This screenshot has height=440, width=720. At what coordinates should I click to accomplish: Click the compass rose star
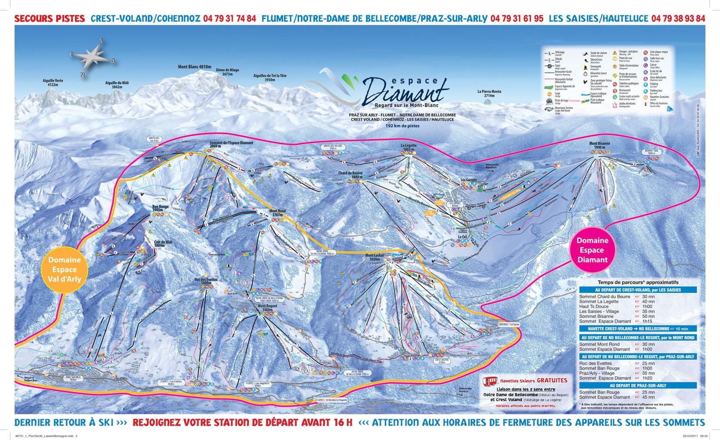(92, 57)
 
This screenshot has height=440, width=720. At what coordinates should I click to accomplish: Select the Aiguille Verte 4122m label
(53, 83)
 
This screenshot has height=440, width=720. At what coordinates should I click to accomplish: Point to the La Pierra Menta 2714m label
(489, 93)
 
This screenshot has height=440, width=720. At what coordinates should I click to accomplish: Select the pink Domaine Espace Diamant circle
(592, 250)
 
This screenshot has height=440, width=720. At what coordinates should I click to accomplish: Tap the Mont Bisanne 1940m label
(599, 145)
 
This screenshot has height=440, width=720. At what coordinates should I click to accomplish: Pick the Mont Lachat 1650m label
(375, 258)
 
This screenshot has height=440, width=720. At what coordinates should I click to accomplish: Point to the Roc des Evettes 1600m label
(206, 281)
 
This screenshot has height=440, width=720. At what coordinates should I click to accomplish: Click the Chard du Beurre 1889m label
(351, 175)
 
